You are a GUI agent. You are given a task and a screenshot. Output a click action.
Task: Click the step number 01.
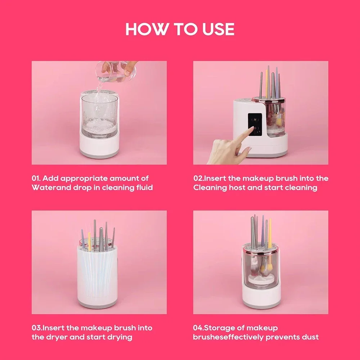click(x=37, y=178)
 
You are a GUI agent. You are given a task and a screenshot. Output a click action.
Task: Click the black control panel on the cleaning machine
click(x=256, y=124)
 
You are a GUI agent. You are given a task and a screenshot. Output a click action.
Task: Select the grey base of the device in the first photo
click(x=99, y=153)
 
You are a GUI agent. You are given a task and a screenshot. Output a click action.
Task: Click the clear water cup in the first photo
click(x=99, y=115)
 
